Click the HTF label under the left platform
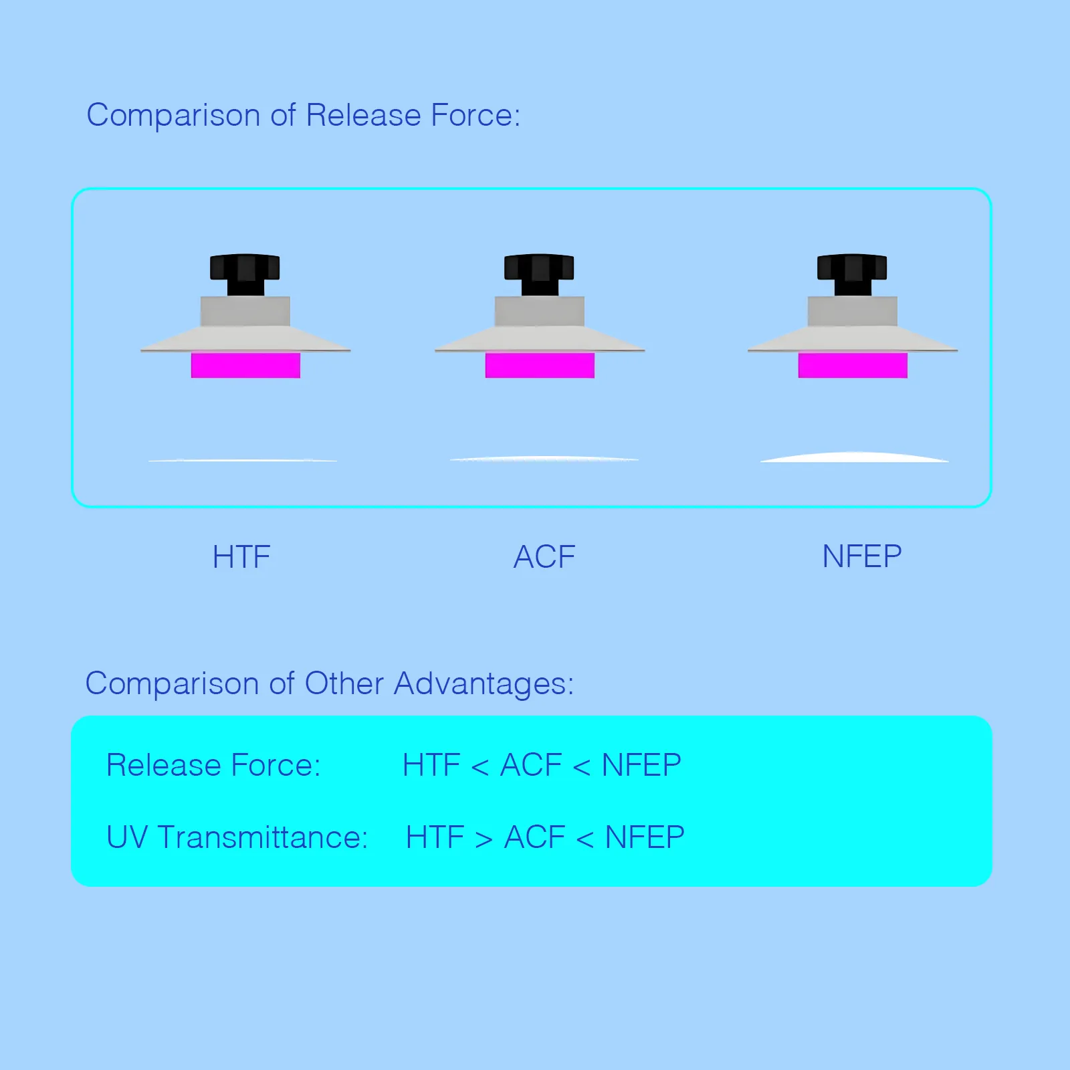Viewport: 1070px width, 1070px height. click(241, 556)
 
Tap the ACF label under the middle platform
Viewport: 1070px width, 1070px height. click(544, 556)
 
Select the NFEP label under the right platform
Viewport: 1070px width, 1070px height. click(862, 556)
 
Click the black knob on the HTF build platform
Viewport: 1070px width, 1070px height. click(245, 274)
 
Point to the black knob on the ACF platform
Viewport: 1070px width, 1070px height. click(539, 274)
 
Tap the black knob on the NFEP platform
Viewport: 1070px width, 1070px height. click(852, 274)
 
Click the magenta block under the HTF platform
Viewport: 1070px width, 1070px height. click(245, 365)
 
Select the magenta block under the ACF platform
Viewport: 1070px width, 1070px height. click(540, 365)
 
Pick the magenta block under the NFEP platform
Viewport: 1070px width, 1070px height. click(853, 365)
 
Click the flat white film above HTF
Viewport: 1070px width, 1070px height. click(243, 460)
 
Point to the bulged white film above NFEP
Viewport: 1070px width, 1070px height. click(855, 457)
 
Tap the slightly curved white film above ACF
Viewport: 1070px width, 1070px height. click(544, 459)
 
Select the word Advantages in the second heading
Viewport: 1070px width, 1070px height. click(484, 683)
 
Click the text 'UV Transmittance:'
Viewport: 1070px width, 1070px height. click(237, 837)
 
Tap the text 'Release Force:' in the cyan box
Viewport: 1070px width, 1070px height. click(213, 765)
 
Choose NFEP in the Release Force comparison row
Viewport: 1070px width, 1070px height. click(641, 765)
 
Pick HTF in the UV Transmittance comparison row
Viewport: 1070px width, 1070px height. click(435, 837)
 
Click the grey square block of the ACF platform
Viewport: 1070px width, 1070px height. click(540, 311)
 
